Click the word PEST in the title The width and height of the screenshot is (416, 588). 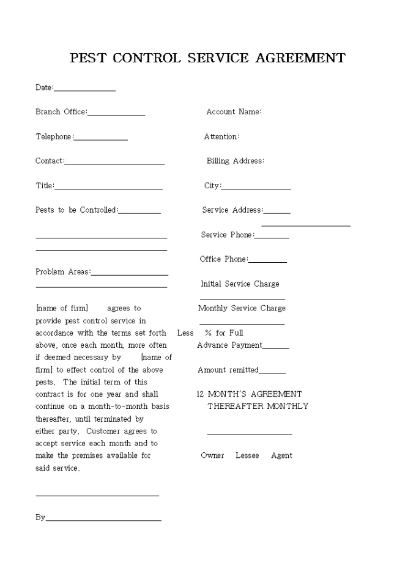point(88,58)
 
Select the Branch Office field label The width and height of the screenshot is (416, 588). point(61,112)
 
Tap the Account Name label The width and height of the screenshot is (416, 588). point(234,112)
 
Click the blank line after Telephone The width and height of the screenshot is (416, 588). point(100,139)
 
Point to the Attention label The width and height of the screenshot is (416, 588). point(221,136)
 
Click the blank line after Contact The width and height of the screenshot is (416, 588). point(114,163)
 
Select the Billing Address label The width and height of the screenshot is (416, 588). point(236,161)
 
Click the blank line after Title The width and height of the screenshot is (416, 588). point(108,188)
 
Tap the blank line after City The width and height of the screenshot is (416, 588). point(256,188)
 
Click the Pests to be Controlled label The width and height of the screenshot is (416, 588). point(76,210)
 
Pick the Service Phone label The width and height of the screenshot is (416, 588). point(226,235)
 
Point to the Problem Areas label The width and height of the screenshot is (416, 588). point(63,271)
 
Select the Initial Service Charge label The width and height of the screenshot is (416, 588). point(240,284)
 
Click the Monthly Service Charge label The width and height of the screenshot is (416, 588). point(242,308)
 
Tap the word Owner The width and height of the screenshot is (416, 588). point(212,455)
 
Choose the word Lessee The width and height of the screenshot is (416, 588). point(247,455)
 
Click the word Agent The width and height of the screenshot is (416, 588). point(281,455)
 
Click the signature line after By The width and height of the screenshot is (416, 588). point(103,520)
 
